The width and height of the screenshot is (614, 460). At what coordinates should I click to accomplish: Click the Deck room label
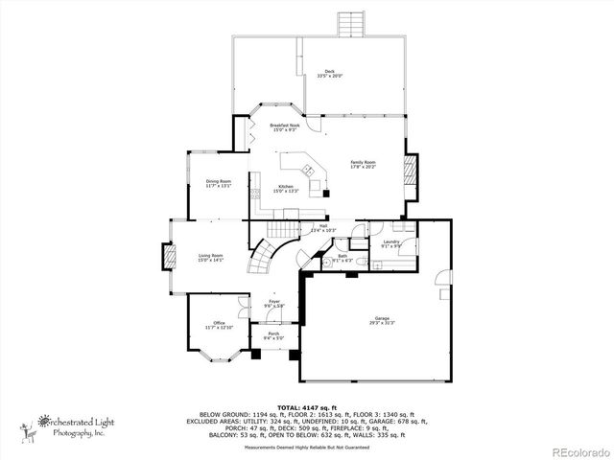[329, 74]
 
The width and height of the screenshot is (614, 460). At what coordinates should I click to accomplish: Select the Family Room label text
[363, 164]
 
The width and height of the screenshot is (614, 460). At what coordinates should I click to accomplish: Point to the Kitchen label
[286, 189]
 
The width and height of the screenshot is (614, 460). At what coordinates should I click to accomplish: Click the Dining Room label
[219, 183]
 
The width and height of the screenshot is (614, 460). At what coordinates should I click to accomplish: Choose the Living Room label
[211, 257]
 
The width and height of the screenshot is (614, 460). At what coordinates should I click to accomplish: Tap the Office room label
[219, 325]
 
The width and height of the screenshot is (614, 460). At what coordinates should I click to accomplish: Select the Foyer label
[273, 304]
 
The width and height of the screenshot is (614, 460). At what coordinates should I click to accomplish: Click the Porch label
[273, 335]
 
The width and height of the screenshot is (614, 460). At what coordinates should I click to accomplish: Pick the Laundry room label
[391, 243]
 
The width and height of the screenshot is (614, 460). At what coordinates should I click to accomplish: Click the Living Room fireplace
[167, 257]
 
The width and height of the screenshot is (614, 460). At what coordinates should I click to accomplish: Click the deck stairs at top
[349, 24]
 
